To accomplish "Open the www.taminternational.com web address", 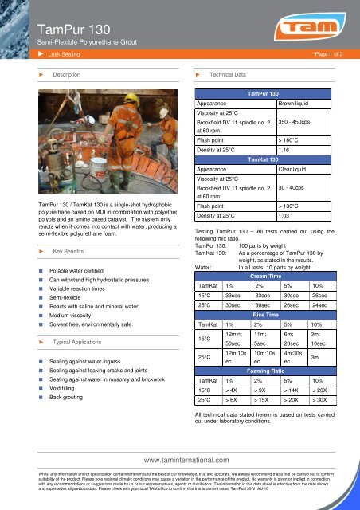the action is point(180,460).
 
